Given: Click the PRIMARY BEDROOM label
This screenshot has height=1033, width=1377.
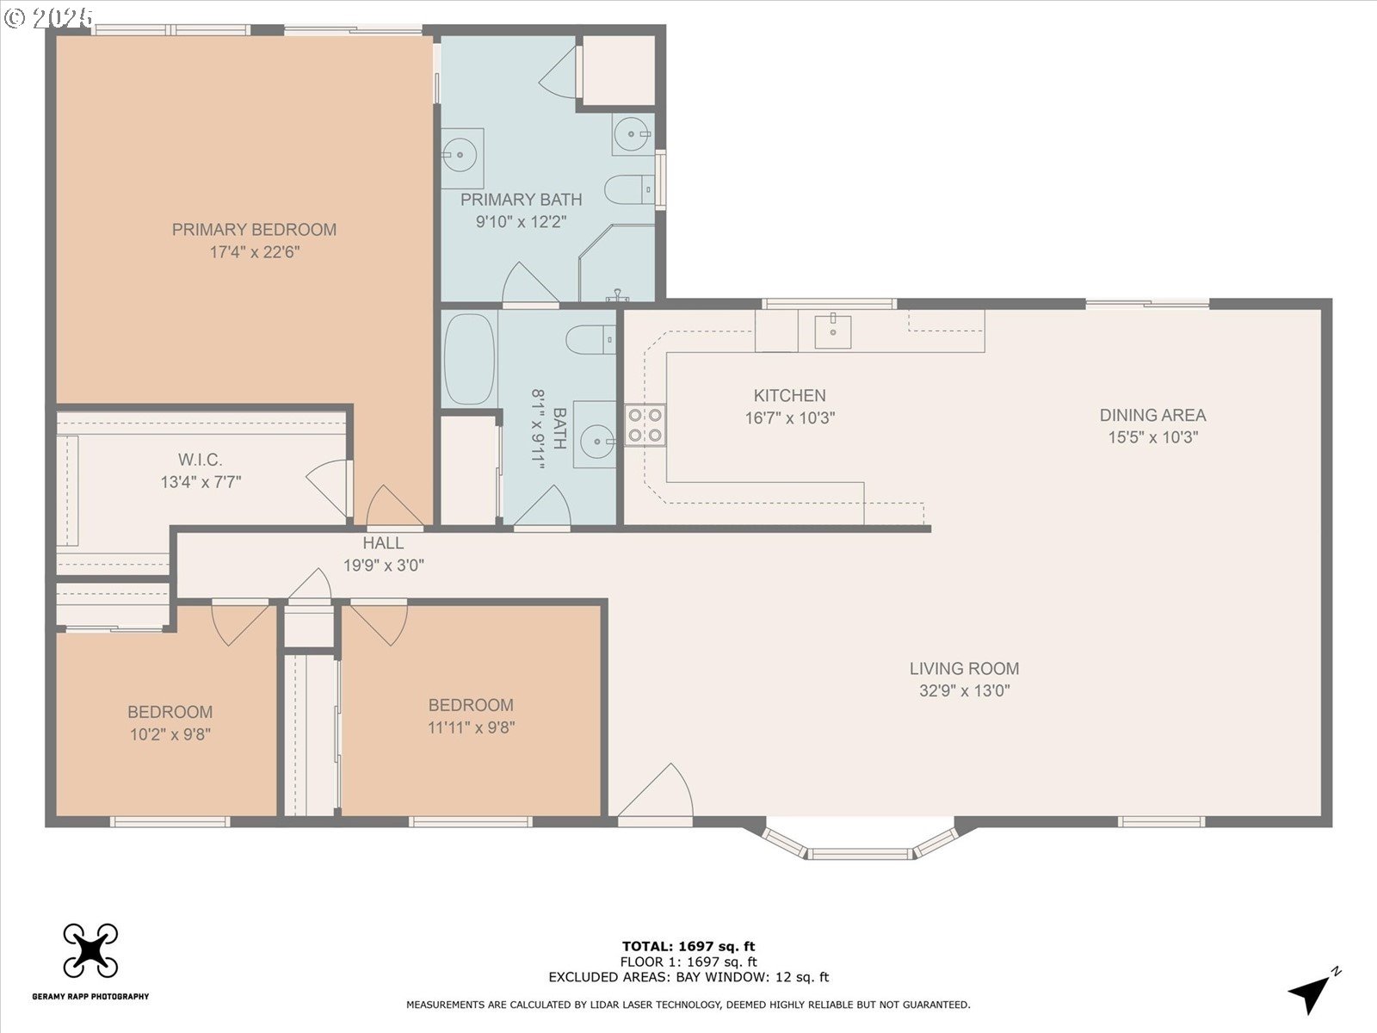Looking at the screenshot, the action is pyautogui.click(x=254, y=230).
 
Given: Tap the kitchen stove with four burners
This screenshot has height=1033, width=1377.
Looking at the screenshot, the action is pyautogui.click(x=645, y=425).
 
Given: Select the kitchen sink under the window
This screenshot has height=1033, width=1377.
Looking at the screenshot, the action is pyautogui.click(x=832, y=331).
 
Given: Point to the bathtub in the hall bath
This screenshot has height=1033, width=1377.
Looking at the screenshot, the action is pyautogui.click(x=469, y=359).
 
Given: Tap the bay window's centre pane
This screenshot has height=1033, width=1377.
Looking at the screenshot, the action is pyautogui.click(x=859, y=854).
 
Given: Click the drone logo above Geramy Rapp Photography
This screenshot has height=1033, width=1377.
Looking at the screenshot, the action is pyautogui.click(x=90, y=951).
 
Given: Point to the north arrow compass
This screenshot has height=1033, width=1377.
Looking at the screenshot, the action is pyautogui.click(x=1313, y=990).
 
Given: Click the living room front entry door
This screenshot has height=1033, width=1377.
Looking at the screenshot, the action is pyautogui.click(x=656, y=791).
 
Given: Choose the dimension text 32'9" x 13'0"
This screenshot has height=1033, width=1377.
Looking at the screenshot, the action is pyautogui.click(x=965, y=690).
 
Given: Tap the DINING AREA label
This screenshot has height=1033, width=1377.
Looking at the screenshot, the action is pyautogui.click(x=1152, y=415).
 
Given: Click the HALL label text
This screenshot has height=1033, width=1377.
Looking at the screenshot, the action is pyautogui.click(x=383, y=543).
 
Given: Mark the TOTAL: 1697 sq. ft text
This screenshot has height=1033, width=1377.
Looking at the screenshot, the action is pyautogui.click(x=688, y=946).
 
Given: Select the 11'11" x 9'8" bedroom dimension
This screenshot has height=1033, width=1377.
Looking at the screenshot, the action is pyautogui.click(x=471, y=727).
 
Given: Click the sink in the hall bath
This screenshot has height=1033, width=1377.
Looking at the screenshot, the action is pyautogui.click(x=595, y=441).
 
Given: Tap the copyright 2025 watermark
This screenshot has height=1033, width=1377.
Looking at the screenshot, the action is pyautogui.click(x=49, y=17).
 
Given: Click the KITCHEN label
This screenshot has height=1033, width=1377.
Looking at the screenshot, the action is pyautogui.click(x=789, y=396).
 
